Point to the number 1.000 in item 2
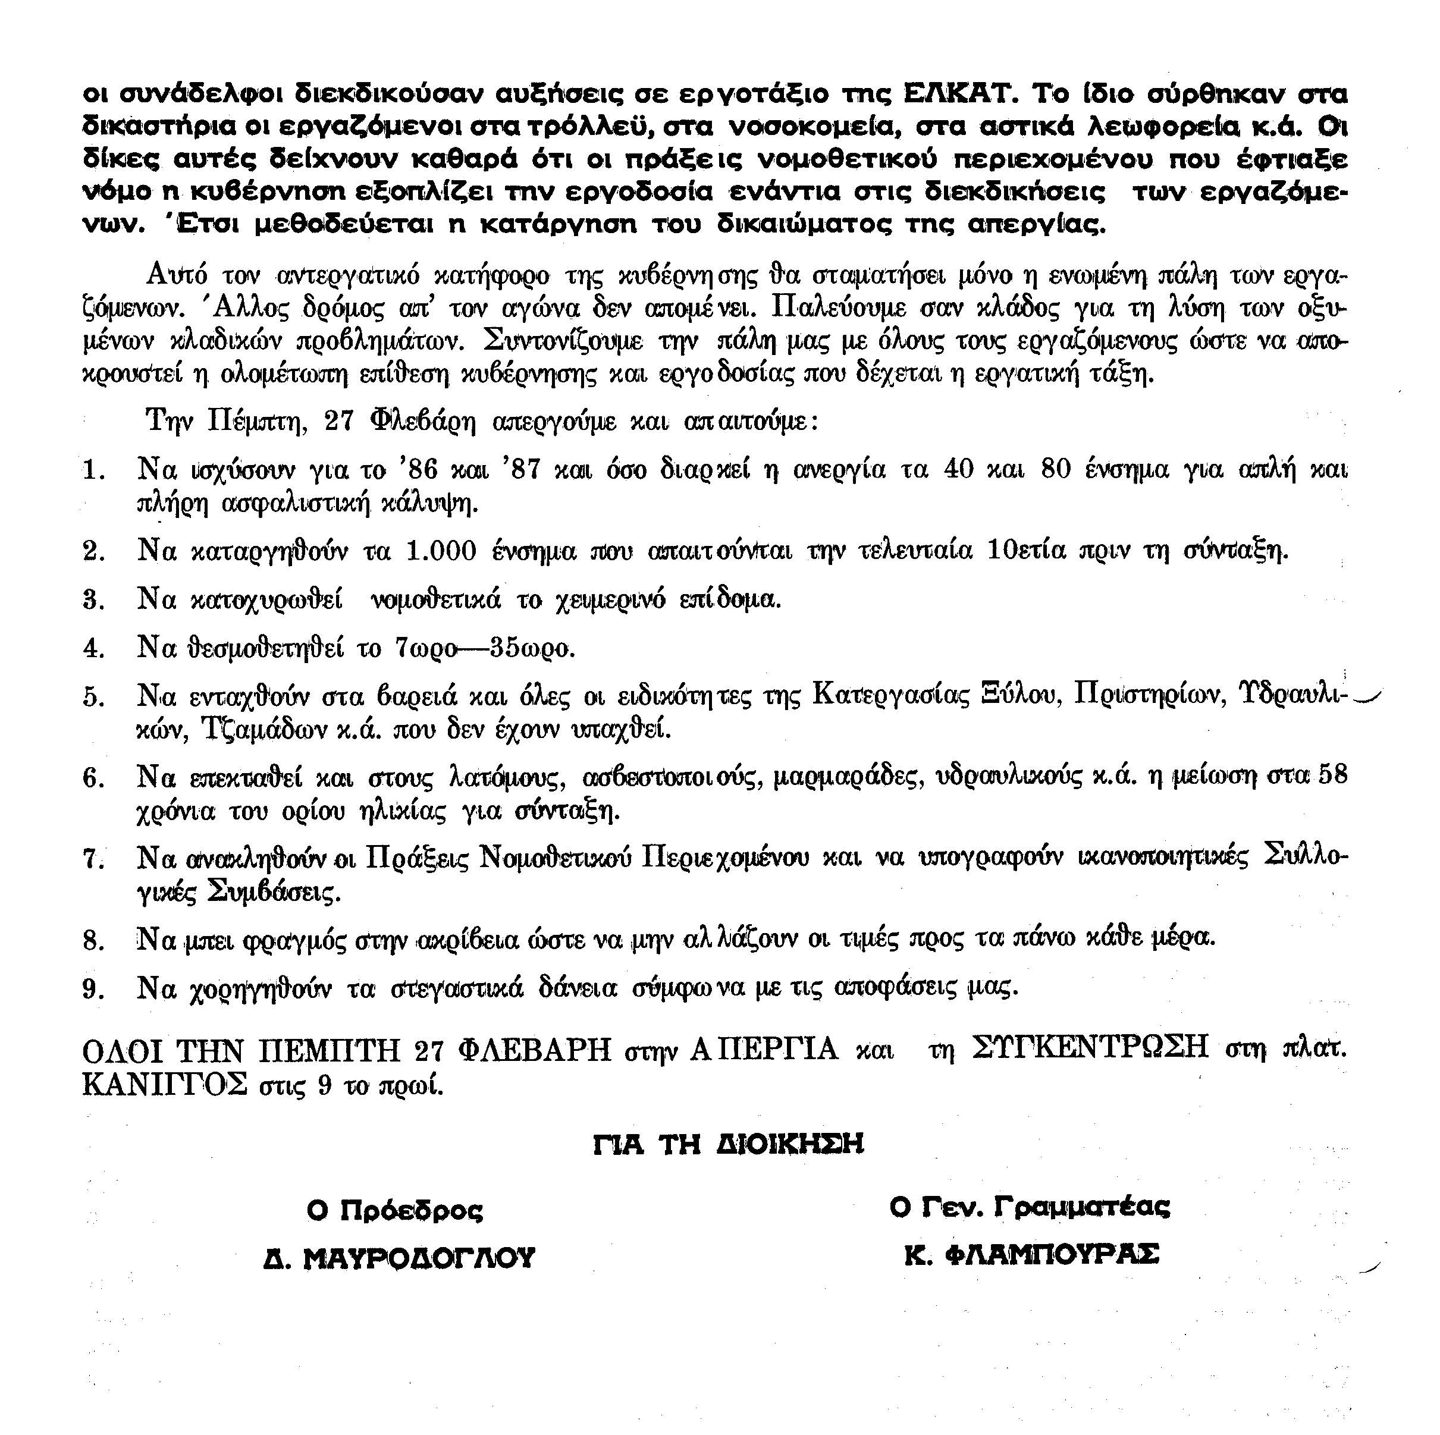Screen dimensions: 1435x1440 point(441,551)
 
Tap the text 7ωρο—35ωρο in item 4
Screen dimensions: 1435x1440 point(485,648)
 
